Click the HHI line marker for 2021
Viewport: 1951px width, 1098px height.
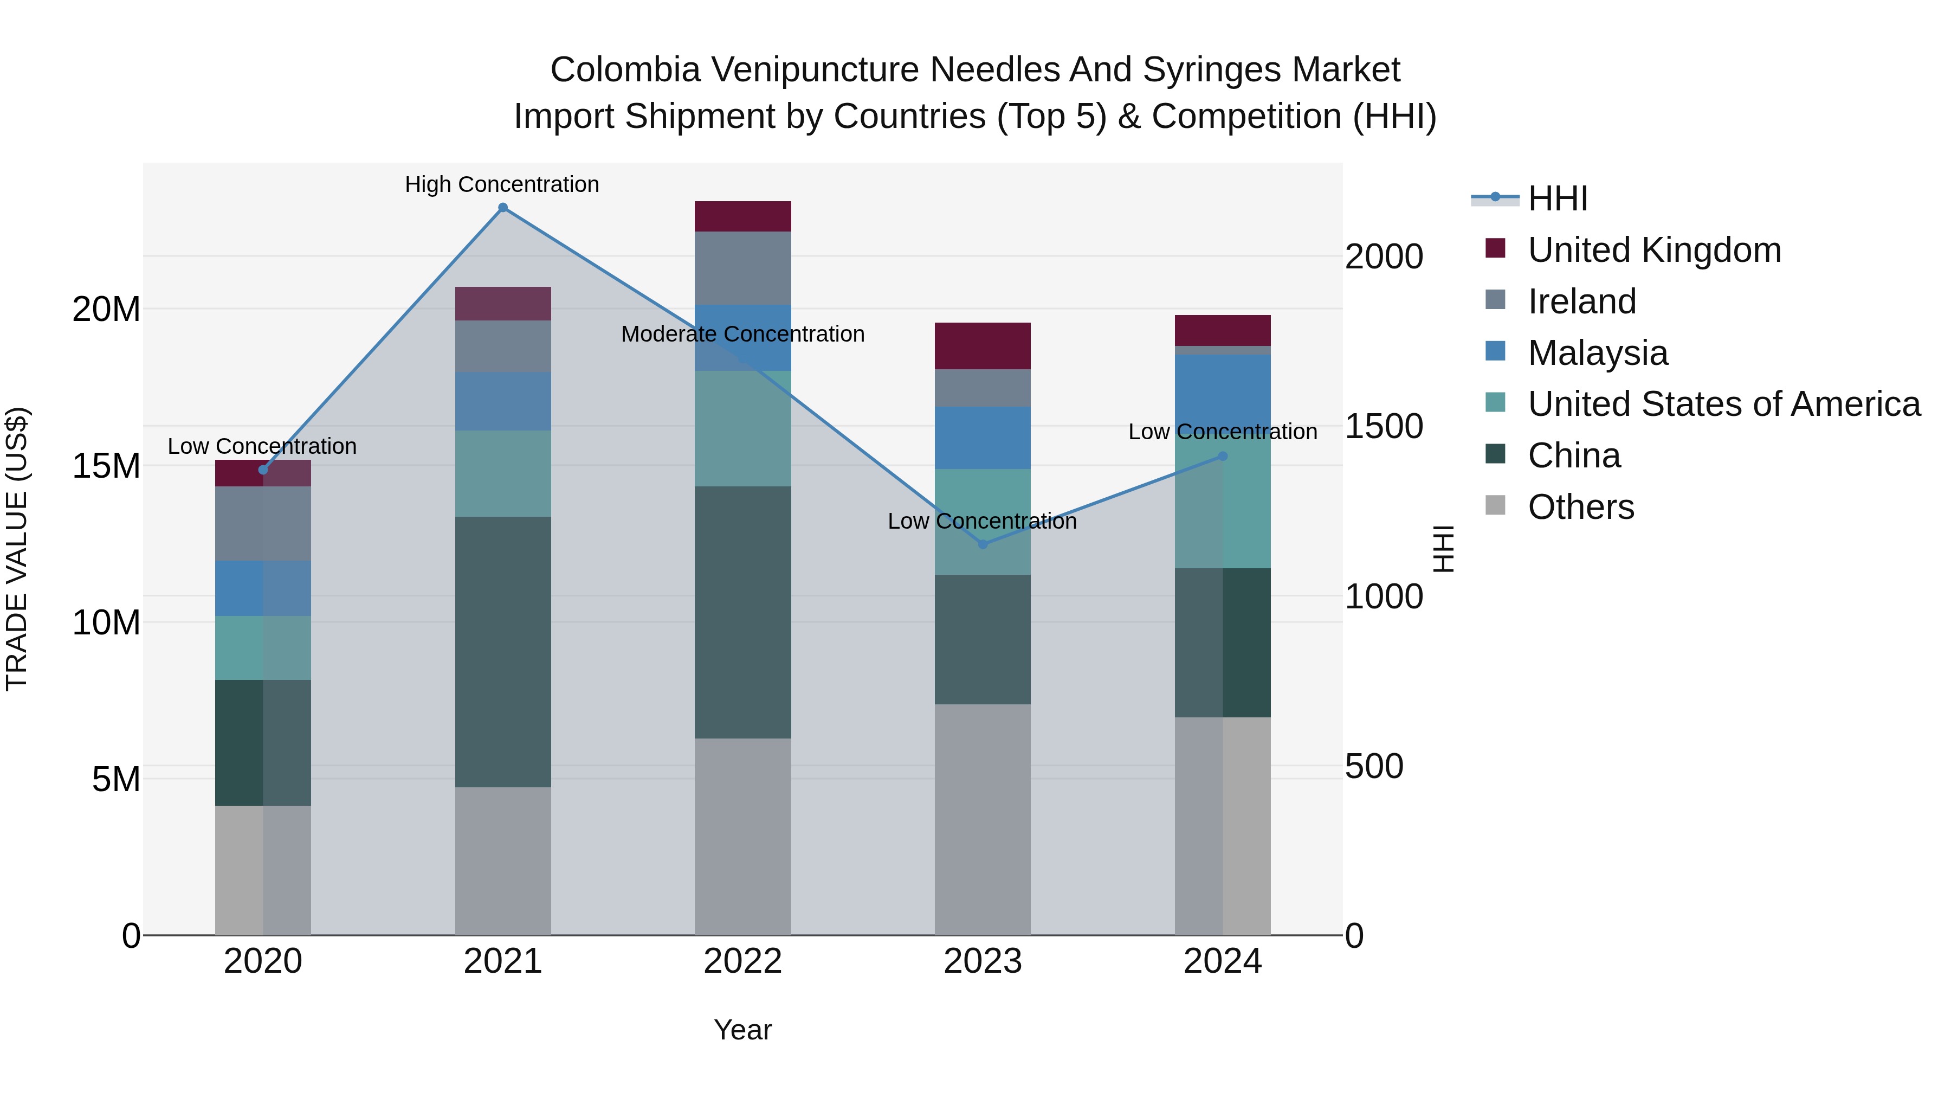503,208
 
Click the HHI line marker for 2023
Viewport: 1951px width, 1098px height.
983,544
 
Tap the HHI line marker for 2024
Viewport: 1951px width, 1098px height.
1223,456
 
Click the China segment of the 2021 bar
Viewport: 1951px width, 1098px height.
503,652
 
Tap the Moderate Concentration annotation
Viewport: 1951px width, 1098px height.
742,334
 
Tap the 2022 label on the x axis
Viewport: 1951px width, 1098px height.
742,961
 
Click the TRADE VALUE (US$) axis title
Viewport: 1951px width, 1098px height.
17,549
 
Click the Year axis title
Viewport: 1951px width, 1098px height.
742,1030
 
